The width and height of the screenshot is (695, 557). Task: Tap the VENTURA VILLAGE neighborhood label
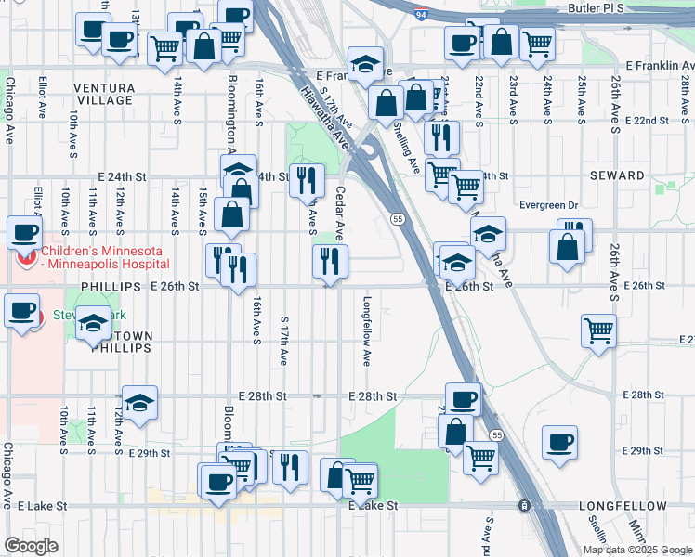point(104,94)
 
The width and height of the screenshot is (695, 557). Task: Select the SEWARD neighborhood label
point(616,175)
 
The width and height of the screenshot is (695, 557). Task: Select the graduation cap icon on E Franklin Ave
point(366,62)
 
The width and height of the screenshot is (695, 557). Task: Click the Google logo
point(31,545)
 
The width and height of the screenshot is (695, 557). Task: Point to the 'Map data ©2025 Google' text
point(636,550)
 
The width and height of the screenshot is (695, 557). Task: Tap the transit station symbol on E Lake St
point(524,506)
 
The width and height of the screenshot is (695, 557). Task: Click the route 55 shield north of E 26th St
point(397,218)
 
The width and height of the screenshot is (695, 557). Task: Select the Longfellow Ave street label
point(367,330)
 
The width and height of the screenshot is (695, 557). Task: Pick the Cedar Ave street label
point(340,213)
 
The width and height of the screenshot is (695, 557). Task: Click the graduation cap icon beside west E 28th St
point(139,401)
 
